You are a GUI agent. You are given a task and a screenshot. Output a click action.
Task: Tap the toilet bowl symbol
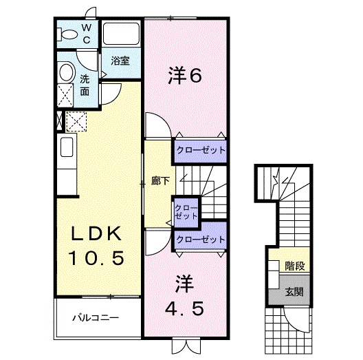click(69, 33)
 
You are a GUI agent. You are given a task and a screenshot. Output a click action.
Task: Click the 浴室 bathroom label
click(120, 60)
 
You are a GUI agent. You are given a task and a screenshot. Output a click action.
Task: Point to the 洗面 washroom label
click(84, 84)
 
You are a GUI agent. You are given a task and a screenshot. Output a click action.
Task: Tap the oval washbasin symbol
click(67, 73)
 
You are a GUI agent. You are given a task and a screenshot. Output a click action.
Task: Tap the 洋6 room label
click(184, 76)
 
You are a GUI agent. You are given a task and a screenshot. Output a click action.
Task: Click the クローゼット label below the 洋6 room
click(200, 149)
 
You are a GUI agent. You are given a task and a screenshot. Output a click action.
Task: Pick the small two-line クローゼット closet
click(184, 211)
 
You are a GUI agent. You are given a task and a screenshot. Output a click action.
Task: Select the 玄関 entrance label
click(294, 291)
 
